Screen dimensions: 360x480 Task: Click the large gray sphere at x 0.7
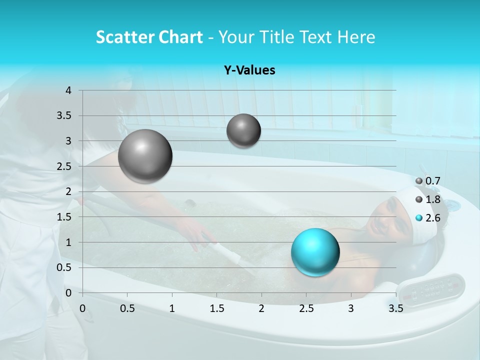click(145, 156)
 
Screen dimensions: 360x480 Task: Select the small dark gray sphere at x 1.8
click(243, 130)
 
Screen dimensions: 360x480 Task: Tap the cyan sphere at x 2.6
click(315, 252)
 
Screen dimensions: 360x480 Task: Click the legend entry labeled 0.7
click(428, 181)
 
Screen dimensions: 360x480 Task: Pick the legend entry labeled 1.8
click(428, 199)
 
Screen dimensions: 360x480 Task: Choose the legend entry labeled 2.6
click(428, 217)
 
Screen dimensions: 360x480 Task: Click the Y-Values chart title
click(249, 70)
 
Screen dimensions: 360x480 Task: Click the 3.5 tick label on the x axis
click(395, 308)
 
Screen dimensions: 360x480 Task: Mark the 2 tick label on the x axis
click(261, 308)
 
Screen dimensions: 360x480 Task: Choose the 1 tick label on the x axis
click(172, 308)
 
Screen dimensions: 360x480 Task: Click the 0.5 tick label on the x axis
click(127, 308)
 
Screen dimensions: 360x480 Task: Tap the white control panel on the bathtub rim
click(431, 288)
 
